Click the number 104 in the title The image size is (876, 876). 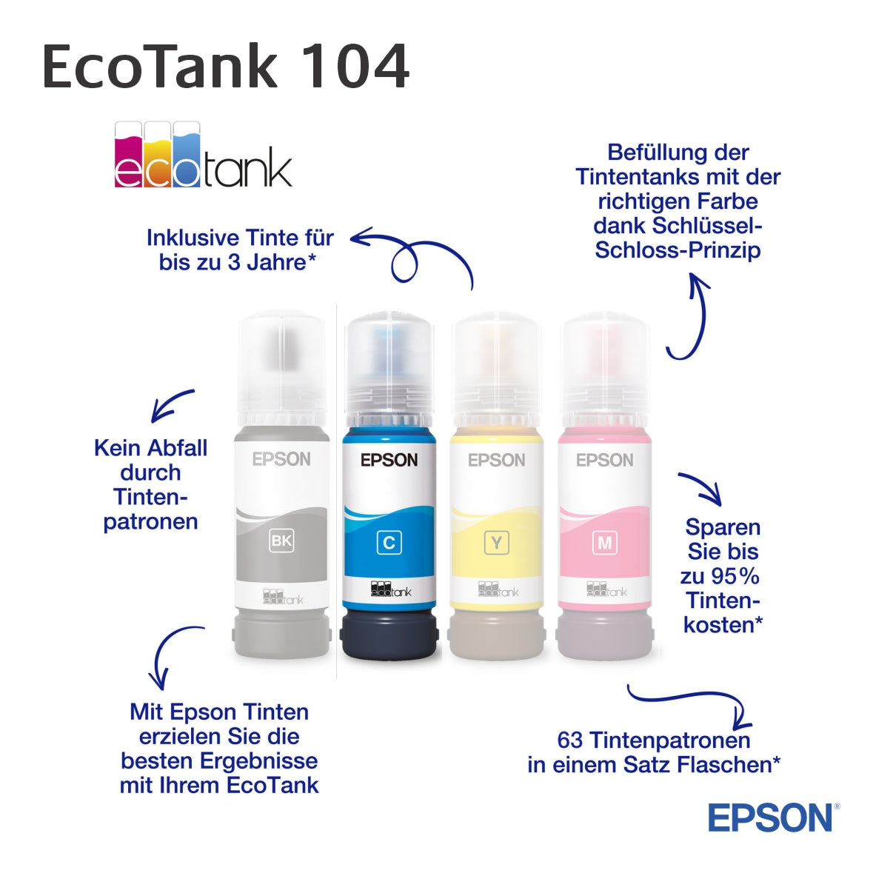(x=355, y=67)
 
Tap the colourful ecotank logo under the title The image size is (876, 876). (x=203, y=154)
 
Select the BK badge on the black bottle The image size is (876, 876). (x=281, y=541)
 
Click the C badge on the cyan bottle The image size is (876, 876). (x=389, y=542)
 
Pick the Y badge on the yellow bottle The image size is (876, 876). (x=497, y=542)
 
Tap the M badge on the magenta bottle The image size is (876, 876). (x=605, y=542)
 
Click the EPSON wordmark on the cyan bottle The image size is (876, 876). (x=389, y=461)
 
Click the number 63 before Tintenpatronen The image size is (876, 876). (x=570, y=740)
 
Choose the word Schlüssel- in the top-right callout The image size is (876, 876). (x=707, y=226)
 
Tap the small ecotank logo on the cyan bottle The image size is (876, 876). (x=390, y=589)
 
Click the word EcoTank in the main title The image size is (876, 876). (x=160, y=67)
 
